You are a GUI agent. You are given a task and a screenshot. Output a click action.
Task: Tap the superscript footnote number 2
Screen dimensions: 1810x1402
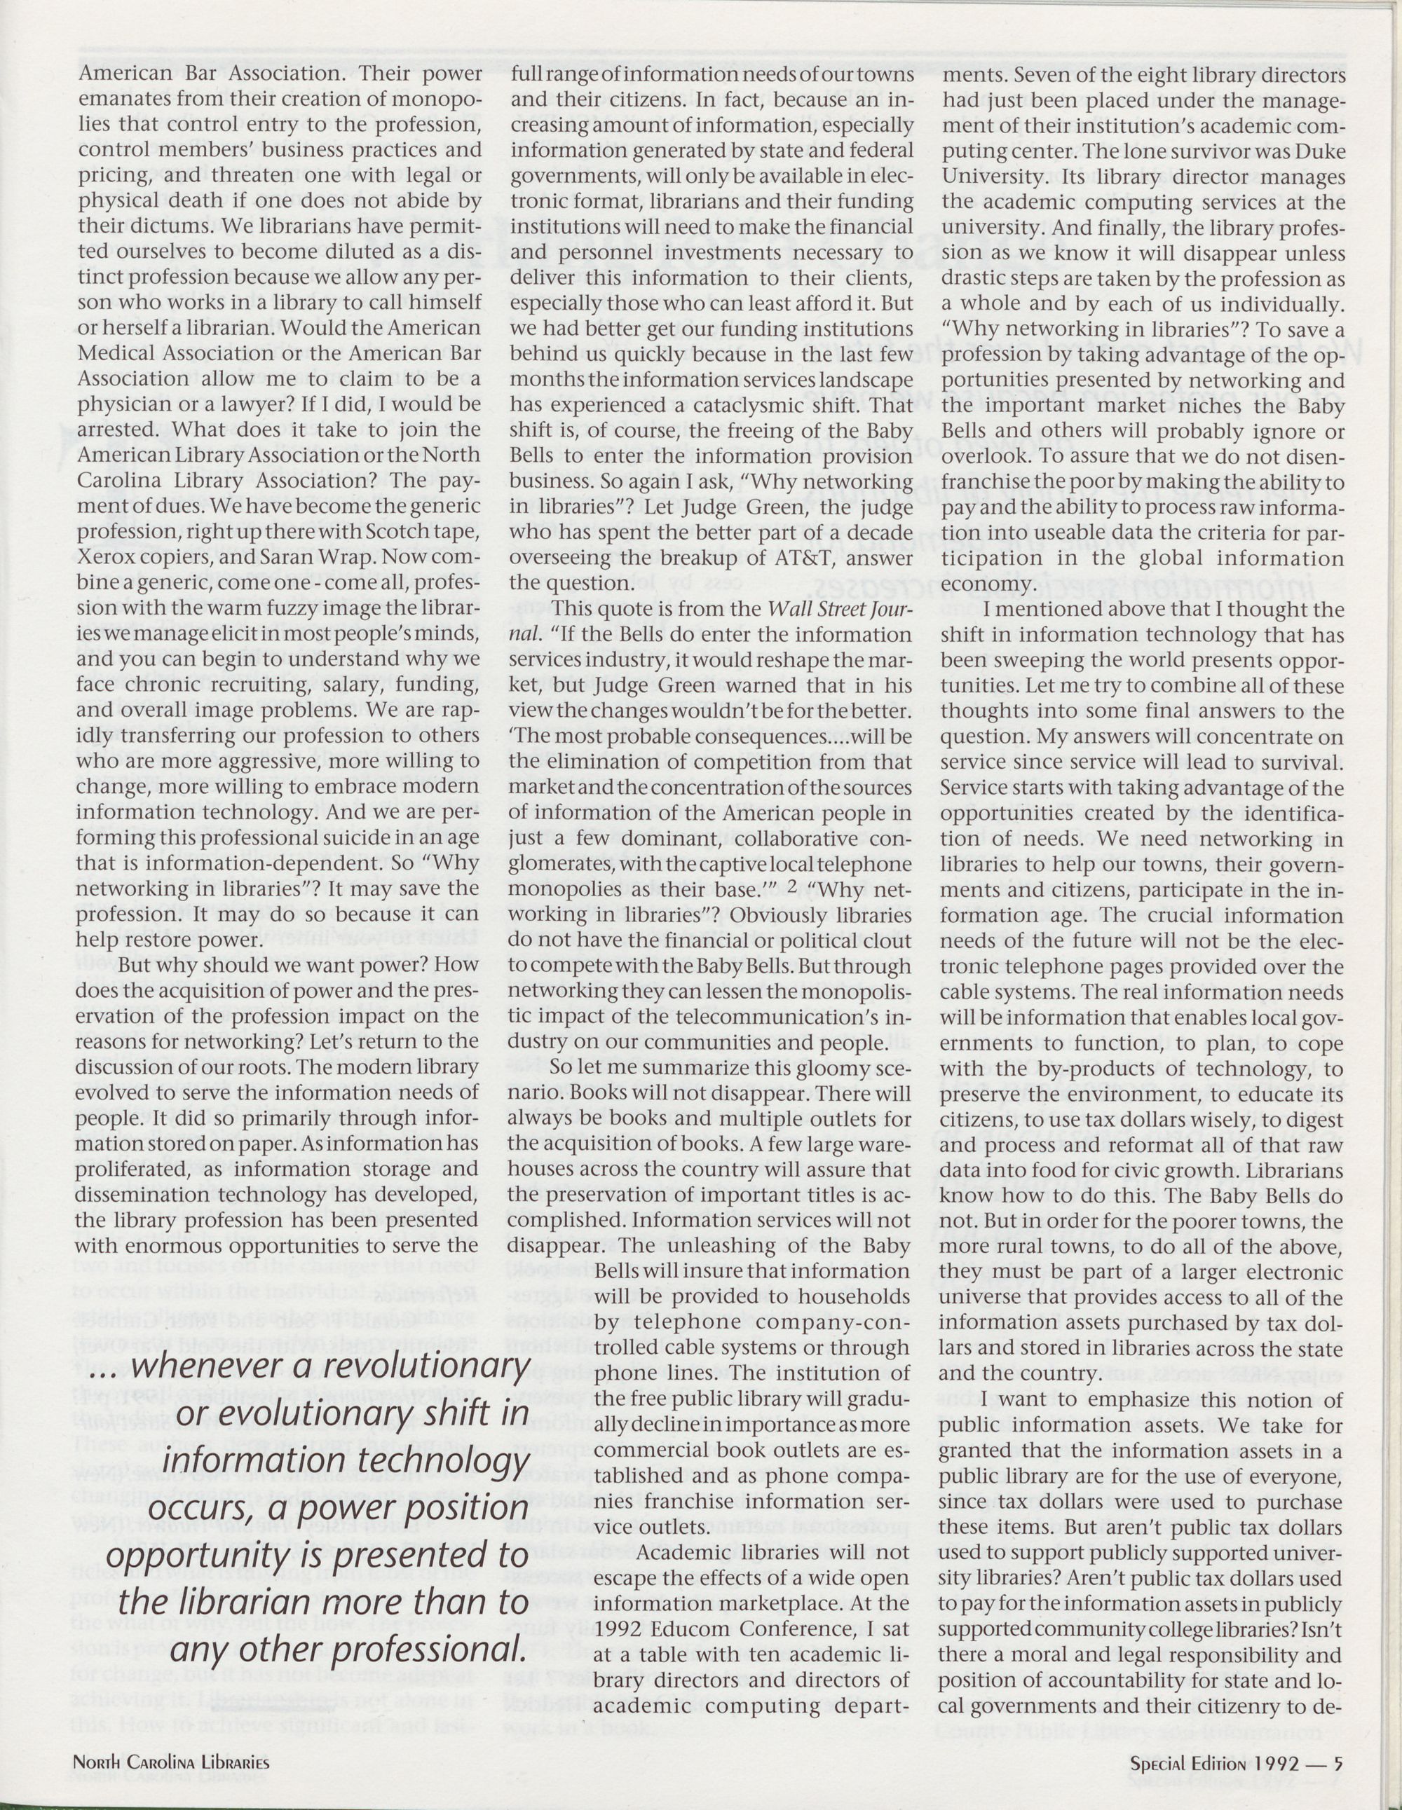tap(793, 886)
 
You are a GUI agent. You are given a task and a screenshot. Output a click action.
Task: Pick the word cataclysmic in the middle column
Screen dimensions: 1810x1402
tap(702, 405)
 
